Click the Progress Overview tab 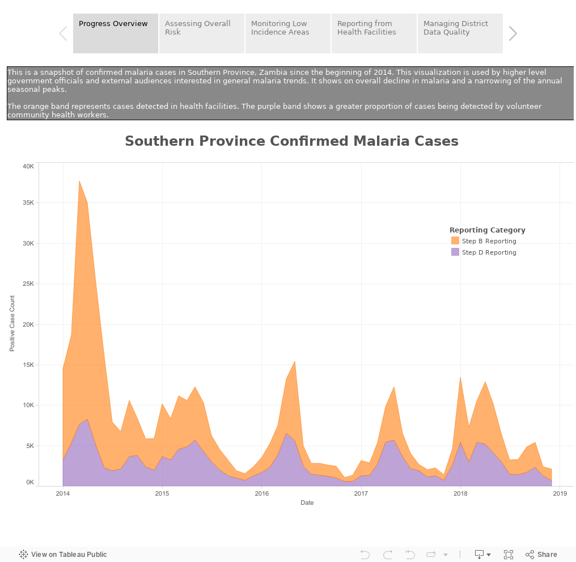116,33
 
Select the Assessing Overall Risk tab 202,33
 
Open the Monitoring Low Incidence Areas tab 288,33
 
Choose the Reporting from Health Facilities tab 374,33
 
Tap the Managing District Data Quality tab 460,33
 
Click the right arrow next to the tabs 513,33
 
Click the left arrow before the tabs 63,33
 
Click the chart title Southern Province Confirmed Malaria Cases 291,141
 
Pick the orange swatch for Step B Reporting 455,241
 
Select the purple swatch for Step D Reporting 455,252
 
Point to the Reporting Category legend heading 487,230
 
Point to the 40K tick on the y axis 28,166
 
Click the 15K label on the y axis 28,365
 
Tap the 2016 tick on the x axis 262,493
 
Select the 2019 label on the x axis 560,493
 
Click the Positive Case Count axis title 12,323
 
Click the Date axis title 307,503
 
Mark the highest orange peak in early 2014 79,182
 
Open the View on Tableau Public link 63,555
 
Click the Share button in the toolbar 541,555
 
